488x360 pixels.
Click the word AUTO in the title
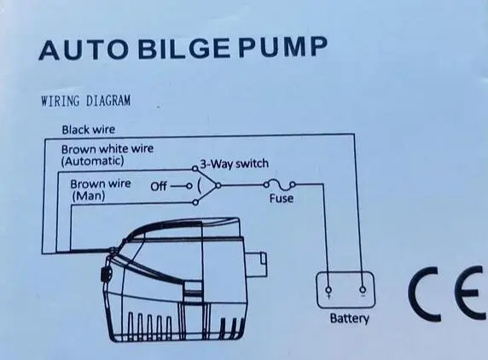84,50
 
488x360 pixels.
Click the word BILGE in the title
184,49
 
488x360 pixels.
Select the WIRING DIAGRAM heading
86,101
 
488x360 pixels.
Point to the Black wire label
89,130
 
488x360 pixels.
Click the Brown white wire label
107,149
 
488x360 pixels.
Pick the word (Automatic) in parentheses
93,161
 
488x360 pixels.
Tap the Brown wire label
101,183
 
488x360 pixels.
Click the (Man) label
89,196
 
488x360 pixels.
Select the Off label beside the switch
159,186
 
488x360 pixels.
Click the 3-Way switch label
234,163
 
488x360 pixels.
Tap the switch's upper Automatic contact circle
195,169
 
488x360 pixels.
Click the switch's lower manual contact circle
195,203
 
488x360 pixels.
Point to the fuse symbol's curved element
279,184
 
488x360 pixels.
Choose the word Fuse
282,198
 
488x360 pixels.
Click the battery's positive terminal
328,290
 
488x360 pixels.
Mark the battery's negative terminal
363,290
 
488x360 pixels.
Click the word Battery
349,318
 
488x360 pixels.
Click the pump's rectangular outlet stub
257,264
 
